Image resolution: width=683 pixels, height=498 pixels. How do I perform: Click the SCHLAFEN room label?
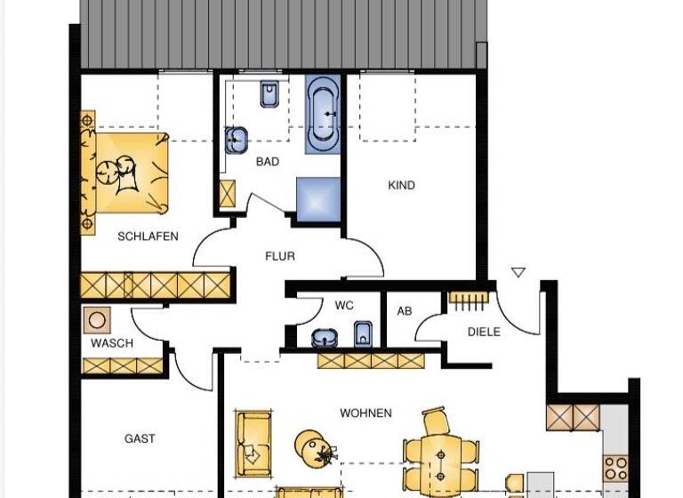coord(148,237)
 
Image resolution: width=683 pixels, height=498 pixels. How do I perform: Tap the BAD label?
coord(267,162)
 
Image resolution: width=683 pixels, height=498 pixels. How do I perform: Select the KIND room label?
coord(402,186)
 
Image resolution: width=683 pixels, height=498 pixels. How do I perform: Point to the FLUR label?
coord(279,256)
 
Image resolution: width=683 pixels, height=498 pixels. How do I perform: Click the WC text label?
coord(344,305)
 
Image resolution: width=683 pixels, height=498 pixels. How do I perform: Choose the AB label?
coord(405,311)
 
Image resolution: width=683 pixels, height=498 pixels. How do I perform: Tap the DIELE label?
coord(484,332)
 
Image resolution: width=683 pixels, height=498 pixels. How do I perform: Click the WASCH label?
coord(112,343)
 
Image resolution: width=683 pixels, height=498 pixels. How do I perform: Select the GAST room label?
coord(140,438)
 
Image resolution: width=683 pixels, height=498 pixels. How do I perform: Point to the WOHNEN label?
coord(366,414)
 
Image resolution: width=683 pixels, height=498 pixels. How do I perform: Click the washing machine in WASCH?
coord(96,320)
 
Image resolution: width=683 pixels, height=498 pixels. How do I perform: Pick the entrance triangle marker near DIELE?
coord(518,273)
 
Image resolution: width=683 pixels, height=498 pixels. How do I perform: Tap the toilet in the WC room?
coord(363,335)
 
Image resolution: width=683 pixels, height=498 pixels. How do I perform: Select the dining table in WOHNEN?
coord(441,457)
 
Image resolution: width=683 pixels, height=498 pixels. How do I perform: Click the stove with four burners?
coord(615,468)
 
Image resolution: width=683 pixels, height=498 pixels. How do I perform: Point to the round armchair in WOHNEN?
coord(313,447)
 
